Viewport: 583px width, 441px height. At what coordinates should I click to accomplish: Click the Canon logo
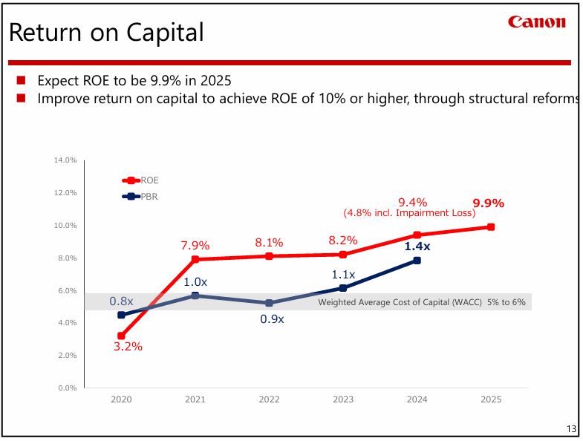tap(536, 22)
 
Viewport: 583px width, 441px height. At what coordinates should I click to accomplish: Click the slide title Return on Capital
tap(105, 33)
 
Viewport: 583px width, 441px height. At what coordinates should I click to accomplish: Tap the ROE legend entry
tap(141, 180)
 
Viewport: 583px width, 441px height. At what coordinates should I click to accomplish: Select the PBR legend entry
tap(141, 197)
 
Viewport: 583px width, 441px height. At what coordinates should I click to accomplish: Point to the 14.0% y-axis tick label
tap(65, 160)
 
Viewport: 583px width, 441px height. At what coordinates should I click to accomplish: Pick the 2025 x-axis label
tap(491, 399)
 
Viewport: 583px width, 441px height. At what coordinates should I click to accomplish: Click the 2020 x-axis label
tap(121, 399)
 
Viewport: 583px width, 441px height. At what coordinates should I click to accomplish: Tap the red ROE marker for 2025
tap(491, 227)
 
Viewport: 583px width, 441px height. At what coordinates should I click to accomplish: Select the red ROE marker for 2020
tap(121, 336)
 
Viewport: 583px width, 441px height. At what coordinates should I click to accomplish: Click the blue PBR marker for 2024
tap(417, 261)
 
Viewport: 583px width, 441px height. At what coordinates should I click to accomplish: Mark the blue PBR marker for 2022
tap(269, 303)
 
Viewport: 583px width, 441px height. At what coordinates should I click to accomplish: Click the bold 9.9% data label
tap(488, 203)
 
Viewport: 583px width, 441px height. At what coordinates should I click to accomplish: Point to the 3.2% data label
tap(128, 346)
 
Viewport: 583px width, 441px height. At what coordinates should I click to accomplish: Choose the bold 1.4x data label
tap(417, 246)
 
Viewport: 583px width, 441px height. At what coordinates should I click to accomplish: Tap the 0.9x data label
tap(272, 319)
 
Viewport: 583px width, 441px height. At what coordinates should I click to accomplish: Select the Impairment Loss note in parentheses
tap(408, 213)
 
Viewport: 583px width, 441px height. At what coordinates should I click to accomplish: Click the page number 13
tap(570, 429)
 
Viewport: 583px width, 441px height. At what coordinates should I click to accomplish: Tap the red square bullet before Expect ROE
tap(21, 80)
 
